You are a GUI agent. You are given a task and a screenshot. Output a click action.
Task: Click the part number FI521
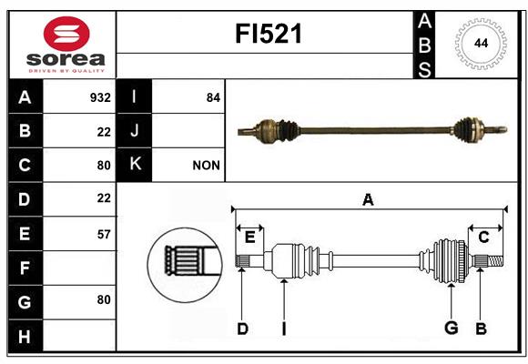point(268,34)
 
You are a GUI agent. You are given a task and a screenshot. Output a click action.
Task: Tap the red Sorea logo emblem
point(66,34)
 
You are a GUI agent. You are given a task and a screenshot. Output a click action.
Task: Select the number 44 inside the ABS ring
point(481,43)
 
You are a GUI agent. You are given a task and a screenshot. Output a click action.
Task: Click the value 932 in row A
point(100,97)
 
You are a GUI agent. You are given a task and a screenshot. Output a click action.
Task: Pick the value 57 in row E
point(104,235)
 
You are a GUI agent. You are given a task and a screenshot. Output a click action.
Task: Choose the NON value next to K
point(206,166)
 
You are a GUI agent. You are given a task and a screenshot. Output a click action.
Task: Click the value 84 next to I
point(213,97)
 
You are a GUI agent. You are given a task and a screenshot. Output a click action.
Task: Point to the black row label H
point(25,336)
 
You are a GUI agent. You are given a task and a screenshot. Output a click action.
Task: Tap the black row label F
point(25,268)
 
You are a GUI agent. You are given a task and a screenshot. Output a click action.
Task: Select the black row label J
point(134,131)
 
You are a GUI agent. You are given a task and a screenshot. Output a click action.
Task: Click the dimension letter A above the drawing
point(368,199)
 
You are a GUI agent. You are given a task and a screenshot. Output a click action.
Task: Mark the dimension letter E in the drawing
point(249,238)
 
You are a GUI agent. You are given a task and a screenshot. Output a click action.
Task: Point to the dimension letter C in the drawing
point(483,238)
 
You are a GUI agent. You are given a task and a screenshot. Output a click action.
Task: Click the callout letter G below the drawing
point(452,328)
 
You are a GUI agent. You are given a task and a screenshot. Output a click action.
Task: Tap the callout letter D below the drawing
point(242,329)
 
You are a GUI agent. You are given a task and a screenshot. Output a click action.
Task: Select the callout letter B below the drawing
point(481,329)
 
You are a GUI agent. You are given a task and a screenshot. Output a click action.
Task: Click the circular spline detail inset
point(185,264)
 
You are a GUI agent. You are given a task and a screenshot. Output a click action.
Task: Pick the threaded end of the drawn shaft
point(495,261)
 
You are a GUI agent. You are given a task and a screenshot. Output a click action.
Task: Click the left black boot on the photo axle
point(288,131)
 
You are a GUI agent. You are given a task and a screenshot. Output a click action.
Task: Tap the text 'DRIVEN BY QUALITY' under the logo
point(66,71)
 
